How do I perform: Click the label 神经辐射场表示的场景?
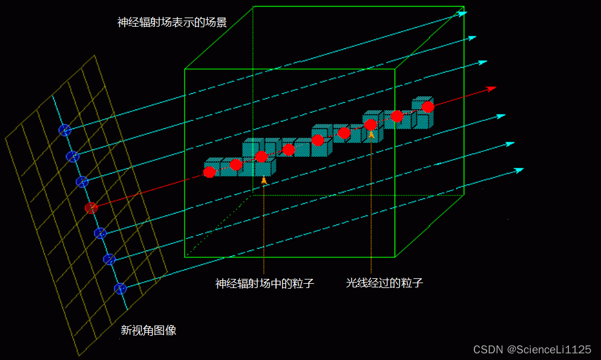[172, 23]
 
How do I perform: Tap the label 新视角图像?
[148, 330]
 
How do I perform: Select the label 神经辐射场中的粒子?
[264, 283]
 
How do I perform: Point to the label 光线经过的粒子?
[384, 283]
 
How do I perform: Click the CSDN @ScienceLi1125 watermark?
[532, 350]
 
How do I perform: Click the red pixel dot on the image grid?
[91, 208]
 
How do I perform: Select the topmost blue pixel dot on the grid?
[65, 129]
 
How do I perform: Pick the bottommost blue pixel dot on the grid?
[120, 289]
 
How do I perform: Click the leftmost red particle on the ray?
[209, 172]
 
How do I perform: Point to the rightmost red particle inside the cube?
[428, 106]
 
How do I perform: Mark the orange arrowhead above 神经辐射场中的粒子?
[264, 180]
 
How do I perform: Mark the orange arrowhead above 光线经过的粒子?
[371, 134]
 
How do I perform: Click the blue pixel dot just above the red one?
[82, 182]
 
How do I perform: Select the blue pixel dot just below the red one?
[100, 233]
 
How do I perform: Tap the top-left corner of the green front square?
[185, 69]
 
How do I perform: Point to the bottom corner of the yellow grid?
[79, 355]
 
